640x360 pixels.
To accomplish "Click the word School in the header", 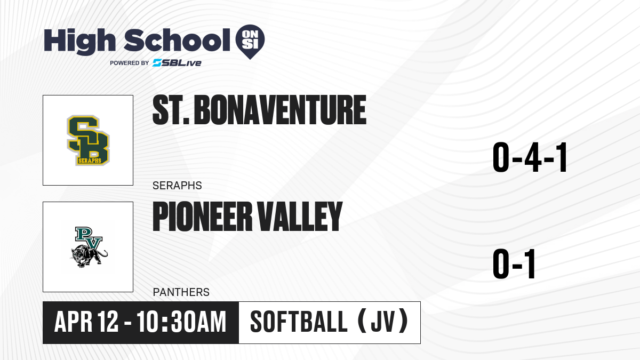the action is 177,40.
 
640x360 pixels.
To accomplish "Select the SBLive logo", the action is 177,63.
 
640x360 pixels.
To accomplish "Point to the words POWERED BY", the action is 130,63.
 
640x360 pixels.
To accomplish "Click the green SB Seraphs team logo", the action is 89,140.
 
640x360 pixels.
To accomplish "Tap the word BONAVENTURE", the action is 280,110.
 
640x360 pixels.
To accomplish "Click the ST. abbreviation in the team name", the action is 171,110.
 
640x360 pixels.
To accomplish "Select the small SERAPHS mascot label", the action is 177,186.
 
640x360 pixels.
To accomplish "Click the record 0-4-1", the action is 530,157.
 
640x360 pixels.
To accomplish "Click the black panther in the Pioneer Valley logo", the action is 89,255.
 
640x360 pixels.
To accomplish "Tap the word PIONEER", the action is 202,217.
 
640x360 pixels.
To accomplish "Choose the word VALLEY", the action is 300,217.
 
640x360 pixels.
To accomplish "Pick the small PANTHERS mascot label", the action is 181,292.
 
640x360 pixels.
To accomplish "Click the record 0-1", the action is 514,263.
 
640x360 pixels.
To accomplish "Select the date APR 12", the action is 86,322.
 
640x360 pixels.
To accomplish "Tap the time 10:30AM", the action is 181,322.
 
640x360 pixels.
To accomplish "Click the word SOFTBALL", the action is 299,322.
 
